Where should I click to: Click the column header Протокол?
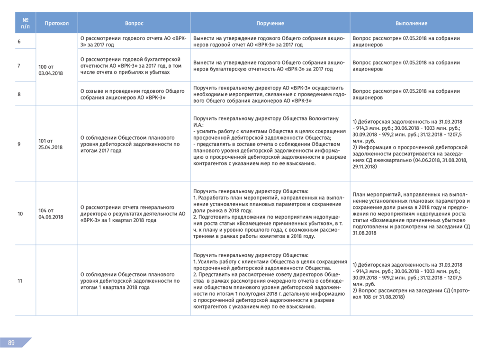(57, 23)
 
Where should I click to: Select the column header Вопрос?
(134, 23)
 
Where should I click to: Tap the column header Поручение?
(270, 23)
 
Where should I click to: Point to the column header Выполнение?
(411, 23)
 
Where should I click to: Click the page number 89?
(11, 343)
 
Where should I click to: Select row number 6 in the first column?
(19, 42)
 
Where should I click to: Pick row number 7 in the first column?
(19, 66)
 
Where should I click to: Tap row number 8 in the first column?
(19, 94)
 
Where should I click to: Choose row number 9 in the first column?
(19, 144)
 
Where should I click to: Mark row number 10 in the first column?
(20, 214)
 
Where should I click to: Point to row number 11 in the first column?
(20, 281)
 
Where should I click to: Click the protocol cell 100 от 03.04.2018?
(50, 70)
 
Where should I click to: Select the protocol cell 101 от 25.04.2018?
(50, 144)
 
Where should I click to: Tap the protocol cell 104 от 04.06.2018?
(50, 214)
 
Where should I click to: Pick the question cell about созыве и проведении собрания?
(133, 94)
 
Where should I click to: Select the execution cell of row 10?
(411, 214)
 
